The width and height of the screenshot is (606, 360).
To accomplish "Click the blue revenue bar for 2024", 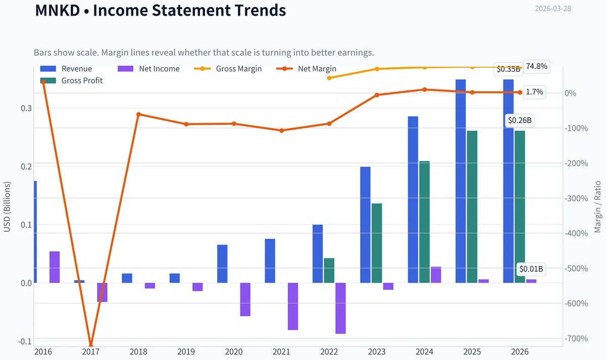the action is (x=413, y=199).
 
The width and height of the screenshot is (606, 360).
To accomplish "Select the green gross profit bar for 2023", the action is (x=377, y=243).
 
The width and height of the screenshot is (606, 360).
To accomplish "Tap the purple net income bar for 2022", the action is (x=340, y=308).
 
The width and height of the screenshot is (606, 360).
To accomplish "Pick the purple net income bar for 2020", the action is (x=245, y=299).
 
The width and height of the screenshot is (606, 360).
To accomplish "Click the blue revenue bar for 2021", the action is (x=270, y=261).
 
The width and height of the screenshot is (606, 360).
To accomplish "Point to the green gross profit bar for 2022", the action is (x=329, y=271).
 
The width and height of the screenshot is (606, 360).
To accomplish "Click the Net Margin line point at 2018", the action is (x=138, y=115).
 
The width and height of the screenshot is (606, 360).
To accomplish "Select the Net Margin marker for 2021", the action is (x=282, y=131).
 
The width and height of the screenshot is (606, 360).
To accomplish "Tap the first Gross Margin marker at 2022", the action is (x=329, y=78).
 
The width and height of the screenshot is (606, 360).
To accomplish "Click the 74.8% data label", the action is (x=536, y=67).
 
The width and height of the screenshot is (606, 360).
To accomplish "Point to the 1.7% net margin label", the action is (x=534, y=92).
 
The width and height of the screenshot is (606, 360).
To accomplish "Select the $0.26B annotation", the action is (x=520, y=120).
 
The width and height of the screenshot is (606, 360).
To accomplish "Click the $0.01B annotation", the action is (x=531, y=269).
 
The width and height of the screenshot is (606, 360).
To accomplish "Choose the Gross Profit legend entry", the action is (x=71, y=81).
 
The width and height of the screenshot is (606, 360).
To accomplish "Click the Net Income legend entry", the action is (x=148, y=69).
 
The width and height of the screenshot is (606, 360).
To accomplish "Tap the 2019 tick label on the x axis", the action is (x=186, y=351).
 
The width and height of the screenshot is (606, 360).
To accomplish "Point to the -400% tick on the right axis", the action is (x=576, y=233).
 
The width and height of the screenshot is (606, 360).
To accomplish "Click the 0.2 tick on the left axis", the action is (x=26, y=166).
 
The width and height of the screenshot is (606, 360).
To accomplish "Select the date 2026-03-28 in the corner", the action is (x=553, y=9).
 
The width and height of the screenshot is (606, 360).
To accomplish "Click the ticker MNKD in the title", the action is (x=58, y=10).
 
